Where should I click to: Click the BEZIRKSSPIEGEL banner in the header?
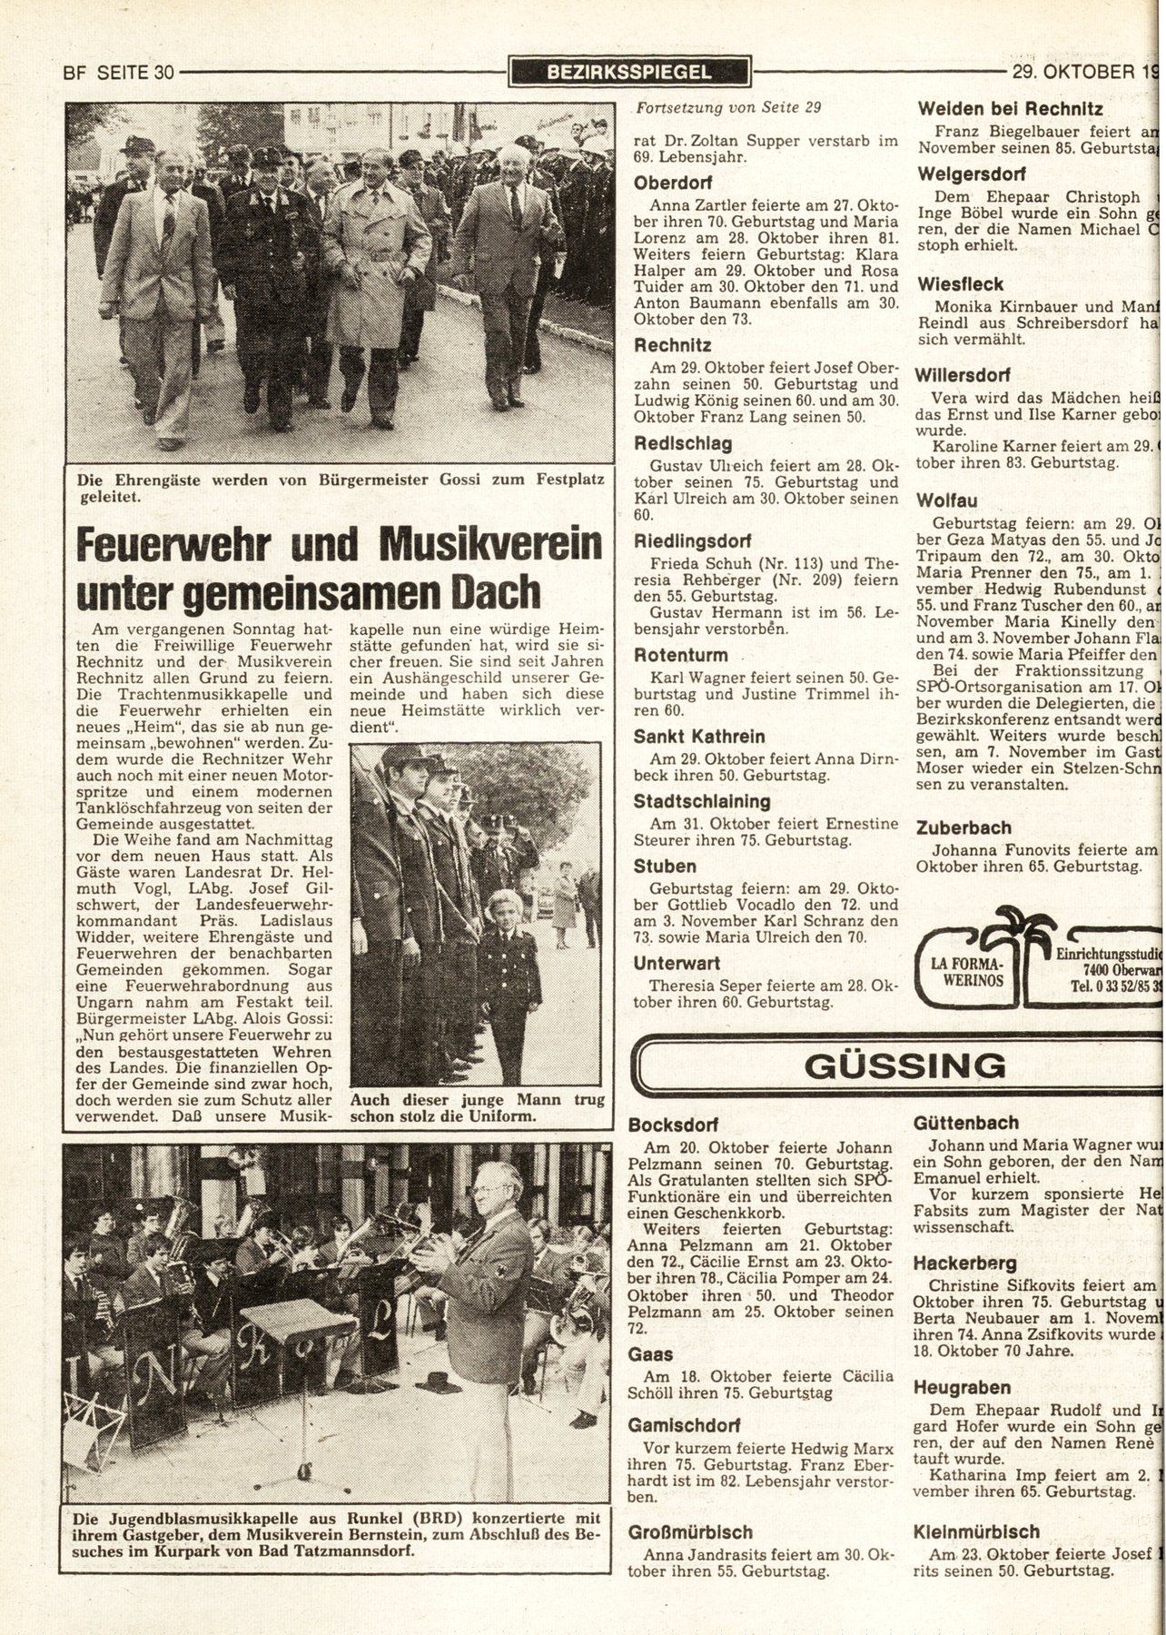[629, 71]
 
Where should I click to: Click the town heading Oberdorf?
[673, 181]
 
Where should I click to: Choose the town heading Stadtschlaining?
[702, 802]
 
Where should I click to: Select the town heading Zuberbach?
[963, 827]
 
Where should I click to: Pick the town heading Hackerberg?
[964, 1263]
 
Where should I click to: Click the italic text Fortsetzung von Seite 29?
[729, 107]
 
